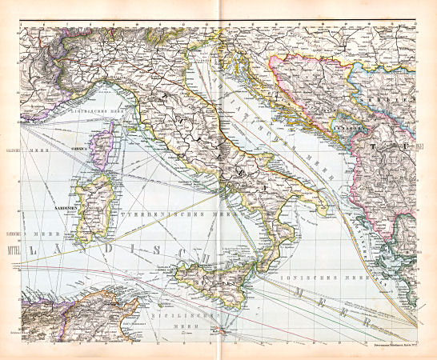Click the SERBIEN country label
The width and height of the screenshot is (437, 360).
[x=398, y=101]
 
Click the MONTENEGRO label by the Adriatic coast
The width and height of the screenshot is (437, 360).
[x=349, y=128]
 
